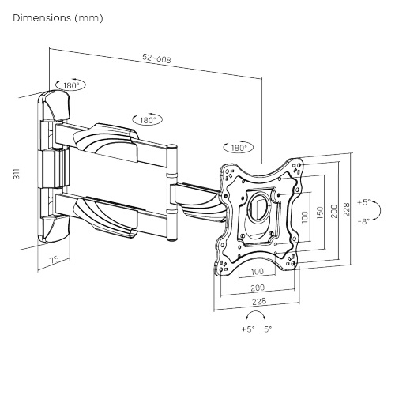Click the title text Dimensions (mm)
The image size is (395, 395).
coord(58,18)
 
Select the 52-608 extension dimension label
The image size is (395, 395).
coord(156,58)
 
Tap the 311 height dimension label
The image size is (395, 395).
coord(17,173)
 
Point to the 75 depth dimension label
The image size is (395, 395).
coord(55,259)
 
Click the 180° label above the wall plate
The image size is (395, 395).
coord(71,85)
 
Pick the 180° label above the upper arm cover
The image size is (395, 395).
coord(148,120)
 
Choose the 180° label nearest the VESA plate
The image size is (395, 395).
coord(239,148)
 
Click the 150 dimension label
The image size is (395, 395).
coord(319,213)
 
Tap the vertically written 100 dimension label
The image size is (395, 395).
coord(304,217)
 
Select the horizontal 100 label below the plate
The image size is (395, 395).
coord(257,272)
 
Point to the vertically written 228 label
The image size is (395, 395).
coord(347,209)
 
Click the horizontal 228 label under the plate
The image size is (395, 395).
coord(259,301)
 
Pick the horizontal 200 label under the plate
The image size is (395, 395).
coord(258,288)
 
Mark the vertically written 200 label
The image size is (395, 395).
coord(334,211)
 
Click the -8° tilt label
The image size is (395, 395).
coord(363,221)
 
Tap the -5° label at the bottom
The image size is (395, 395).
coord(265,329)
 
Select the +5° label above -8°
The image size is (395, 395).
coord(363,202)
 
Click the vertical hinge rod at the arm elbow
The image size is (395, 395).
coord(172,193)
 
